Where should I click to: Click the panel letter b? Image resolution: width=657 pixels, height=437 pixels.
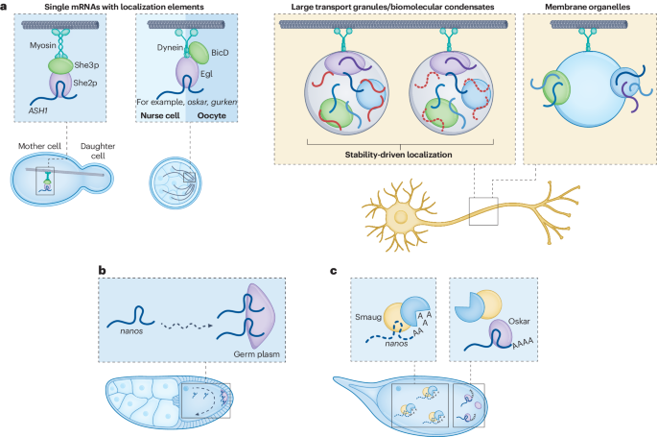(103, 272)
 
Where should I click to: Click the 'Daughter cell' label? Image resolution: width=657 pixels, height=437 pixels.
(119, 151)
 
